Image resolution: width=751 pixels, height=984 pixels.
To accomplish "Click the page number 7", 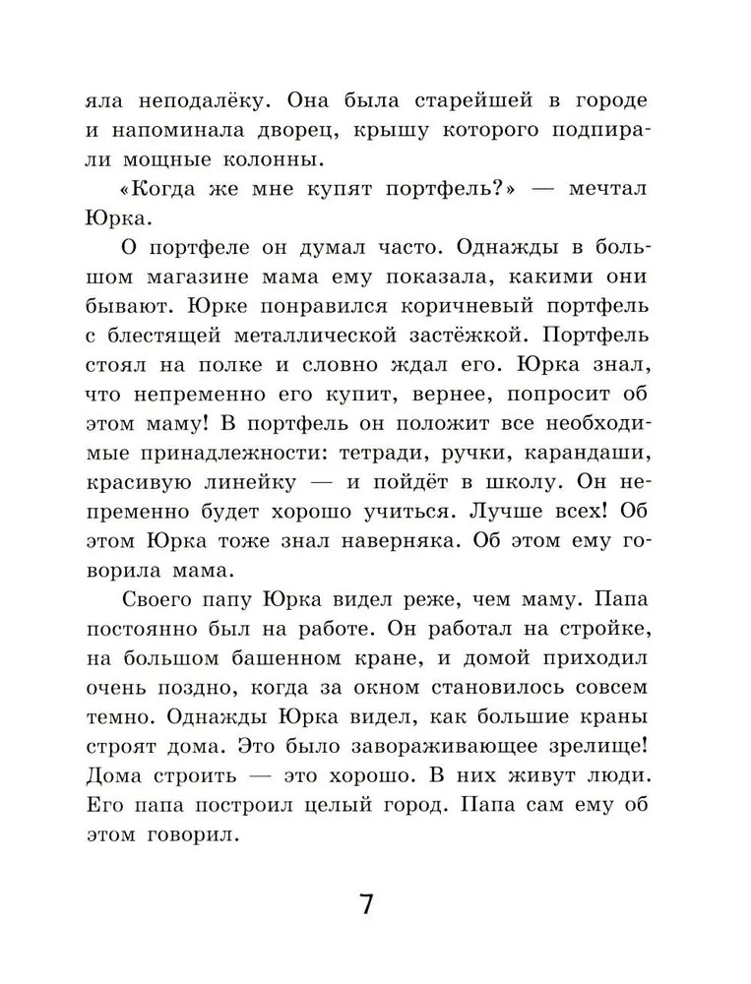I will [366, 903].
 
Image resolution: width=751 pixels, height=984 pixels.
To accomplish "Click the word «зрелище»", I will [601, 744].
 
